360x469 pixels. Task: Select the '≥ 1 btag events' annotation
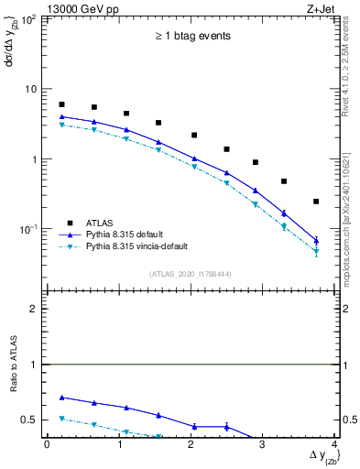click(192, 36)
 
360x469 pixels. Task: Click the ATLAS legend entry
click(100, 222)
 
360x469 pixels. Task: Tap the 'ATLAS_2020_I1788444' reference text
click(191, 273)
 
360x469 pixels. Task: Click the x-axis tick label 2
click(191, 445)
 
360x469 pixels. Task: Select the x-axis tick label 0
click(47, 445)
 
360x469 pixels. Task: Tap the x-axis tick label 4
click(334, 445)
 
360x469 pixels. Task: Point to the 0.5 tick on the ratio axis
click(28, 420)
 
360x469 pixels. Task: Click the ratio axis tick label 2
click(33, 309)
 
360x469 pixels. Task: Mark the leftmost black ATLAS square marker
click(61, 104)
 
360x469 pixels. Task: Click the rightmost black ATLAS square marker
click(316, 202)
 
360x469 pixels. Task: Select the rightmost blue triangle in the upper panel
click(316, 240)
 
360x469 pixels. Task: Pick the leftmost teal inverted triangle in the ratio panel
click(61, 419)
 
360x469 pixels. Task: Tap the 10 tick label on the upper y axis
click(28, 89)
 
